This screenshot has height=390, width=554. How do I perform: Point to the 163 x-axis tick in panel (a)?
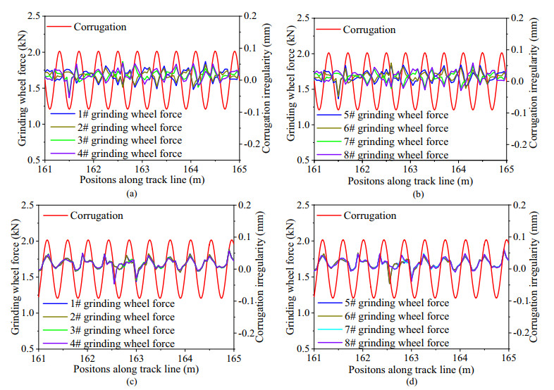pos(142,169)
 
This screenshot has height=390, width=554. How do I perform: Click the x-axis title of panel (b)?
pos(409,180)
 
